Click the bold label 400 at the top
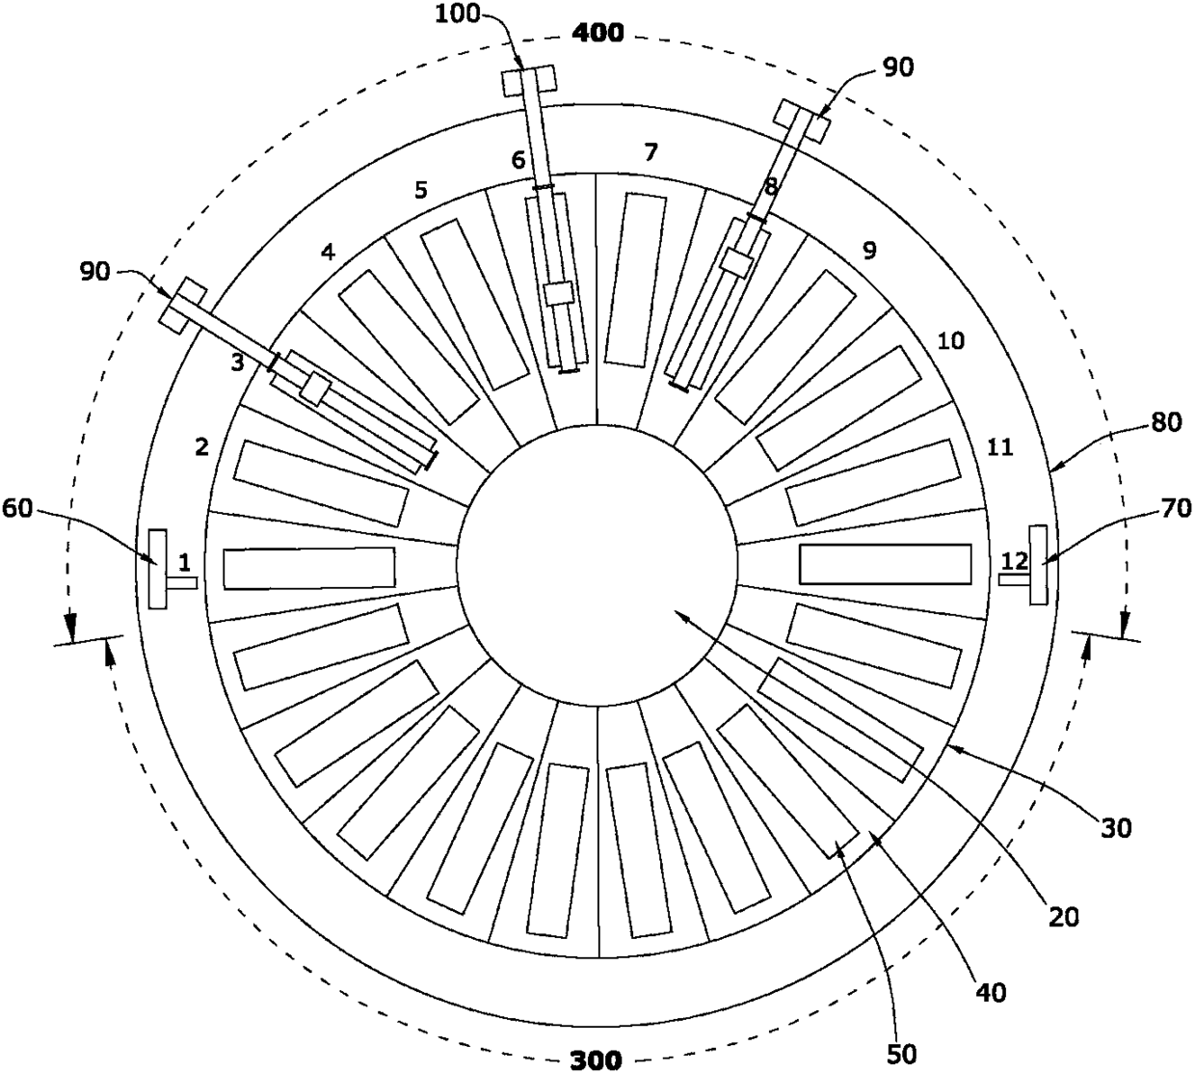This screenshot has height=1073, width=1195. click(597, 34)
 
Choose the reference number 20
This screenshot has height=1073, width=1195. click(1064, 914)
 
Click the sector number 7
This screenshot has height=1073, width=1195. click(651, 151)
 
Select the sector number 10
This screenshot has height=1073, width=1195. click(950, 340)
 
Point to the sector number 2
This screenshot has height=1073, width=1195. click(201, 446)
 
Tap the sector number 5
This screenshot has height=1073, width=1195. click(420, 189)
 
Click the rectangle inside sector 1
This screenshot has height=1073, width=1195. click(308, 568)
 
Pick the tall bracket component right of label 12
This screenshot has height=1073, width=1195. click(1038, 565)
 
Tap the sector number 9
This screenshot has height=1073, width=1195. click(869, 252)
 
